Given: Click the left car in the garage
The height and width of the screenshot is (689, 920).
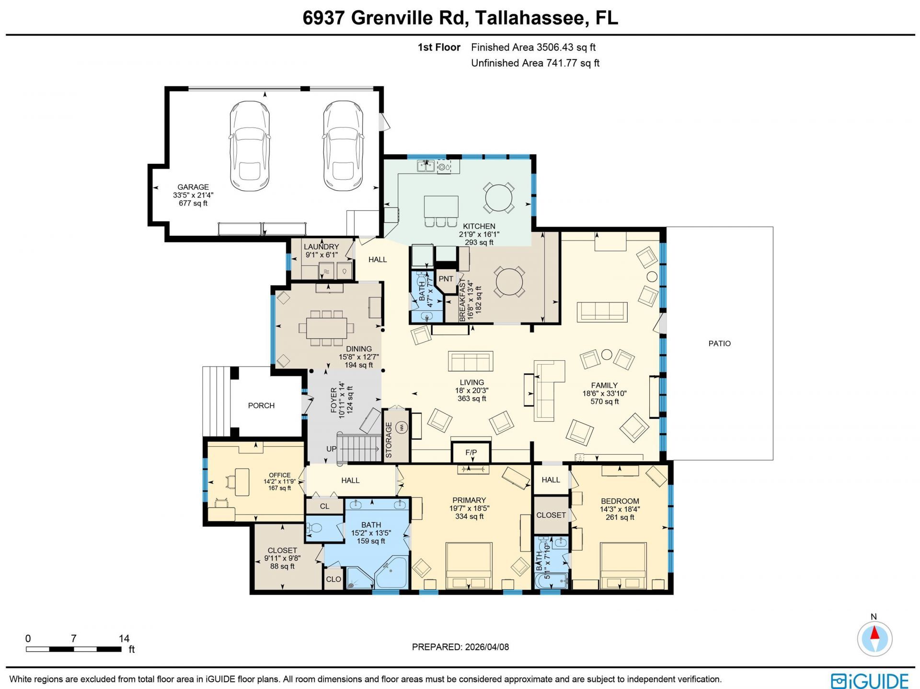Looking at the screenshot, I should coord(250,145).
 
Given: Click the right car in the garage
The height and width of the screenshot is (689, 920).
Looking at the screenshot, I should coord(343,145).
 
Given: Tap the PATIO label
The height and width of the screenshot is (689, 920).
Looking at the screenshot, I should coord(719,344).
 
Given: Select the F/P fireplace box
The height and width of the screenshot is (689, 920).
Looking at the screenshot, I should coord(471,452).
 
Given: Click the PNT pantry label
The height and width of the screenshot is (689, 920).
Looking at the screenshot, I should coord(446,279).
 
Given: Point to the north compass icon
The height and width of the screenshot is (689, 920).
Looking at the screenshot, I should coord(874,639).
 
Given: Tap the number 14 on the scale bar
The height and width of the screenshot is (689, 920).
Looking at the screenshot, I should coord(124,638).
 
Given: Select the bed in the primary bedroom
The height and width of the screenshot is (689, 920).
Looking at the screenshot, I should coord(469,565).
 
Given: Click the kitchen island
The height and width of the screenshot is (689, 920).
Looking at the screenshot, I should coord(441,207).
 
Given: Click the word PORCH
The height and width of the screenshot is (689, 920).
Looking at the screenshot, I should coord(261,405).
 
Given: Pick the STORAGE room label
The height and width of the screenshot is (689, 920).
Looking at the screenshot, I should coord(389,440).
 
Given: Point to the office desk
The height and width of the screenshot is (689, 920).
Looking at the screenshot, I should coord(241,482).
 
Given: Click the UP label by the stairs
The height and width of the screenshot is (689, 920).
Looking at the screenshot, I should coord(331,449).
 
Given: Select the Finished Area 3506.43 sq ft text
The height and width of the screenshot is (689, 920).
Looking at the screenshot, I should coord(533,47).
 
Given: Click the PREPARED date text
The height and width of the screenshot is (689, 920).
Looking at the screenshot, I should coord(460,647).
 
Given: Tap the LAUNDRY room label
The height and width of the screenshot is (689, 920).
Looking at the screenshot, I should coord(321,247).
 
